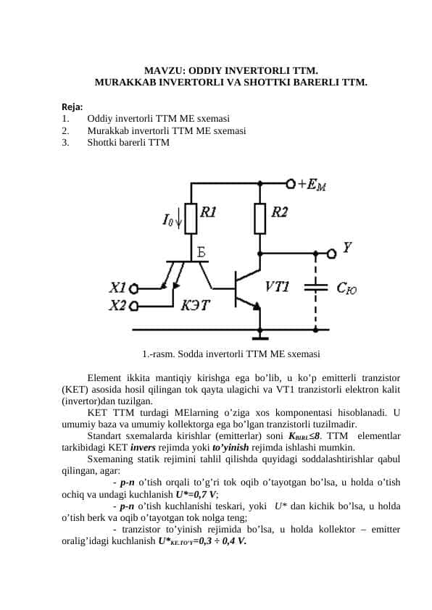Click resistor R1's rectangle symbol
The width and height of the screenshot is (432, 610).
(x=191, y=219)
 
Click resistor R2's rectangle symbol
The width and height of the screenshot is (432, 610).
(x=260, y=219)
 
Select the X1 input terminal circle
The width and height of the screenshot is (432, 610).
(x=133, y=288)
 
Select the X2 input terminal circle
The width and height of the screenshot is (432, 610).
(x=133, y=306)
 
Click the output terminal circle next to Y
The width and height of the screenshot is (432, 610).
(x=331, y=254)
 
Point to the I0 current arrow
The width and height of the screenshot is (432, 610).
(x=178, y=220)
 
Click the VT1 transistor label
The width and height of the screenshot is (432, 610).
(x=277, y=287)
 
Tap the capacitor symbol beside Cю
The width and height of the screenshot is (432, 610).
(x=315, y=287)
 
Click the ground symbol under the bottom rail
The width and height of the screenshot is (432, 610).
(x=260, y=335)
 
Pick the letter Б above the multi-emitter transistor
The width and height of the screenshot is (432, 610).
(x=201, y=253)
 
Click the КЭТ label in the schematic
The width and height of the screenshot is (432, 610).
(x=195, y=306)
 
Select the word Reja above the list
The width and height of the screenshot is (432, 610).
(x=72, y=106)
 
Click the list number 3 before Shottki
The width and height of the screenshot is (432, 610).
(x=65, y=143)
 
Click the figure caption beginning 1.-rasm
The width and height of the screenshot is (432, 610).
(x=231, y=354)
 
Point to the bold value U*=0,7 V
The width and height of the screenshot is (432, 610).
(x=197, y=495)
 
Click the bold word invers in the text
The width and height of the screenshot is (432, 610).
(x=143, y=448)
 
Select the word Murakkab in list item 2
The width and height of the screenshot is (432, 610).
(x=108, y=130)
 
